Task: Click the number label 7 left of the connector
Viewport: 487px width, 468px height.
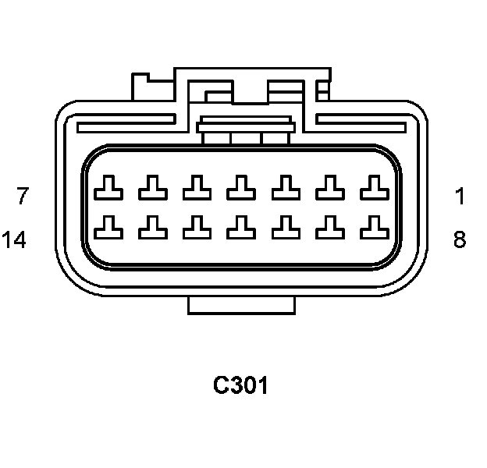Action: (23, 196)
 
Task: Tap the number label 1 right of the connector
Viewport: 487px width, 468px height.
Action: (460, 196)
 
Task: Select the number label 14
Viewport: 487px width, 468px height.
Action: (14, 239)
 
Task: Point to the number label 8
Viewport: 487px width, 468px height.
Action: (460, 239)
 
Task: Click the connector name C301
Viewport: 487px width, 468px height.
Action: (241, 385)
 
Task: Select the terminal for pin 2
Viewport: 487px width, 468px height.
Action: (331, 187)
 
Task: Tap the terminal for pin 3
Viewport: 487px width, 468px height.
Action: (286, 187)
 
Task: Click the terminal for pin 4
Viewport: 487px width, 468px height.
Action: (241, 187)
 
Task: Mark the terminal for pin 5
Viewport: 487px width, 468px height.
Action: (197, 187)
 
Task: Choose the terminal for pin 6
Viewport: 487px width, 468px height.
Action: (151, 187)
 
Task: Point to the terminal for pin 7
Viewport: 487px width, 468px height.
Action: (107, 187)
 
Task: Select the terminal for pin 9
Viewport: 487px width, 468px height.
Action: (331, 227)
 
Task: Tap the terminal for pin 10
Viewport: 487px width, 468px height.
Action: (286, 227)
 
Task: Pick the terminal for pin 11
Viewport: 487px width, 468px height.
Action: (241, 227)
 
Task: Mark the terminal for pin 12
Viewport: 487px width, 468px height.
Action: (197, 227)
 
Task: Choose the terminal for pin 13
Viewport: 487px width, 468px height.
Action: (151, 227)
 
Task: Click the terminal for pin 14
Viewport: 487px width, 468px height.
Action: (107, 227)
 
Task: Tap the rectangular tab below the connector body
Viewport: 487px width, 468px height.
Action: (241, 305)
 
